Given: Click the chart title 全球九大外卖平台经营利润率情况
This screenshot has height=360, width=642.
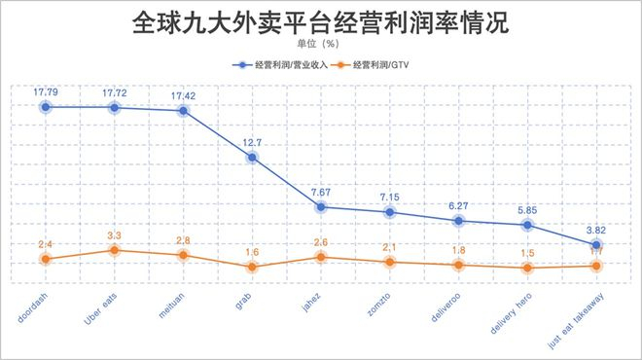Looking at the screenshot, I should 321,22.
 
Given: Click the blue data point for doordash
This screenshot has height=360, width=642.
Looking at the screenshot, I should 46,106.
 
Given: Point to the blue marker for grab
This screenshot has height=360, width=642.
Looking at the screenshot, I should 252,157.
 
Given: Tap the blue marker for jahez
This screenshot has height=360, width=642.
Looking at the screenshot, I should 321,206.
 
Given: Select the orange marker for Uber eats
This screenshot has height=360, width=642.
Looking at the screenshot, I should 115,250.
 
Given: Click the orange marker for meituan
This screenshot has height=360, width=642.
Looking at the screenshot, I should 183,255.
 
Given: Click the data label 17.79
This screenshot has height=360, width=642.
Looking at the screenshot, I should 46,91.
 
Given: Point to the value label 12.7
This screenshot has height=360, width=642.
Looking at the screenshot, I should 252,141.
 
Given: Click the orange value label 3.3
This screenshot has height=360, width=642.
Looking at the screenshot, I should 115,234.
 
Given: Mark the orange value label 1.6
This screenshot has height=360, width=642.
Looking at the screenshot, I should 252,251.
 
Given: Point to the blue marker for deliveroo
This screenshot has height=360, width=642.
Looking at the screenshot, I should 459,221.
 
